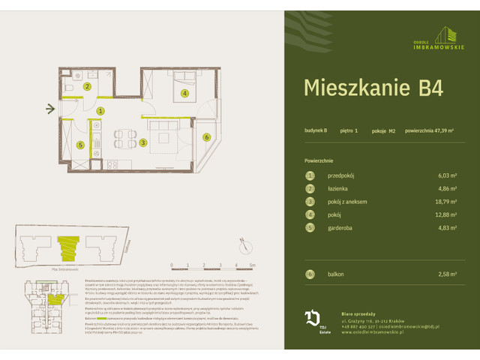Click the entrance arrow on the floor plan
pyautogui.click(x=50, y=110)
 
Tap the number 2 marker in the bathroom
pyautogui.click(x=87, y=87)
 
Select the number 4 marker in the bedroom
pyautogui.click(x=184, y=94)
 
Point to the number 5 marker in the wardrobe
pyautogui.click(x=79, y=145)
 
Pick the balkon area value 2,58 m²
pyautogui.click(x=447, y=275)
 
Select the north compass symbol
pyautogui.click(x=244, y=245)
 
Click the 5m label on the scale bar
pyautogui.click(x=253, y=265)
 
